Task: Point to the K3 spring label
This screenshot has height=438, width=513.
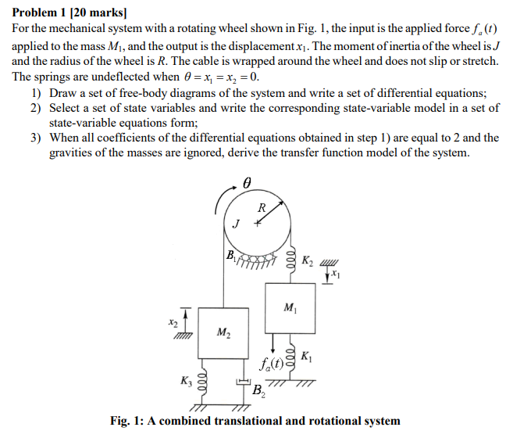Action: [x=184, y=382]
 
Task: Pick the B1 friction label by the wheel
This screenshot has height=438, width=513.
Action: [x=230, y=253]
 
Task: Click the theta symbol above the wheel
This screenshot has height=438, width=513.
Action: [x=248, y=181]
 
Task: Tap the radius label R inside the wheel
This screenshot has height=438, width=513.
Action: [x=262, y=208]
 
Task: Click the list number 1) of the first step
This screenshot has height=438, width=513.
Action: [x=36, y=92]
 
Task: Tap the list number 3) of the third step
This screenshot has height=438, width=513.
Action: [x=36, y=138]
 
